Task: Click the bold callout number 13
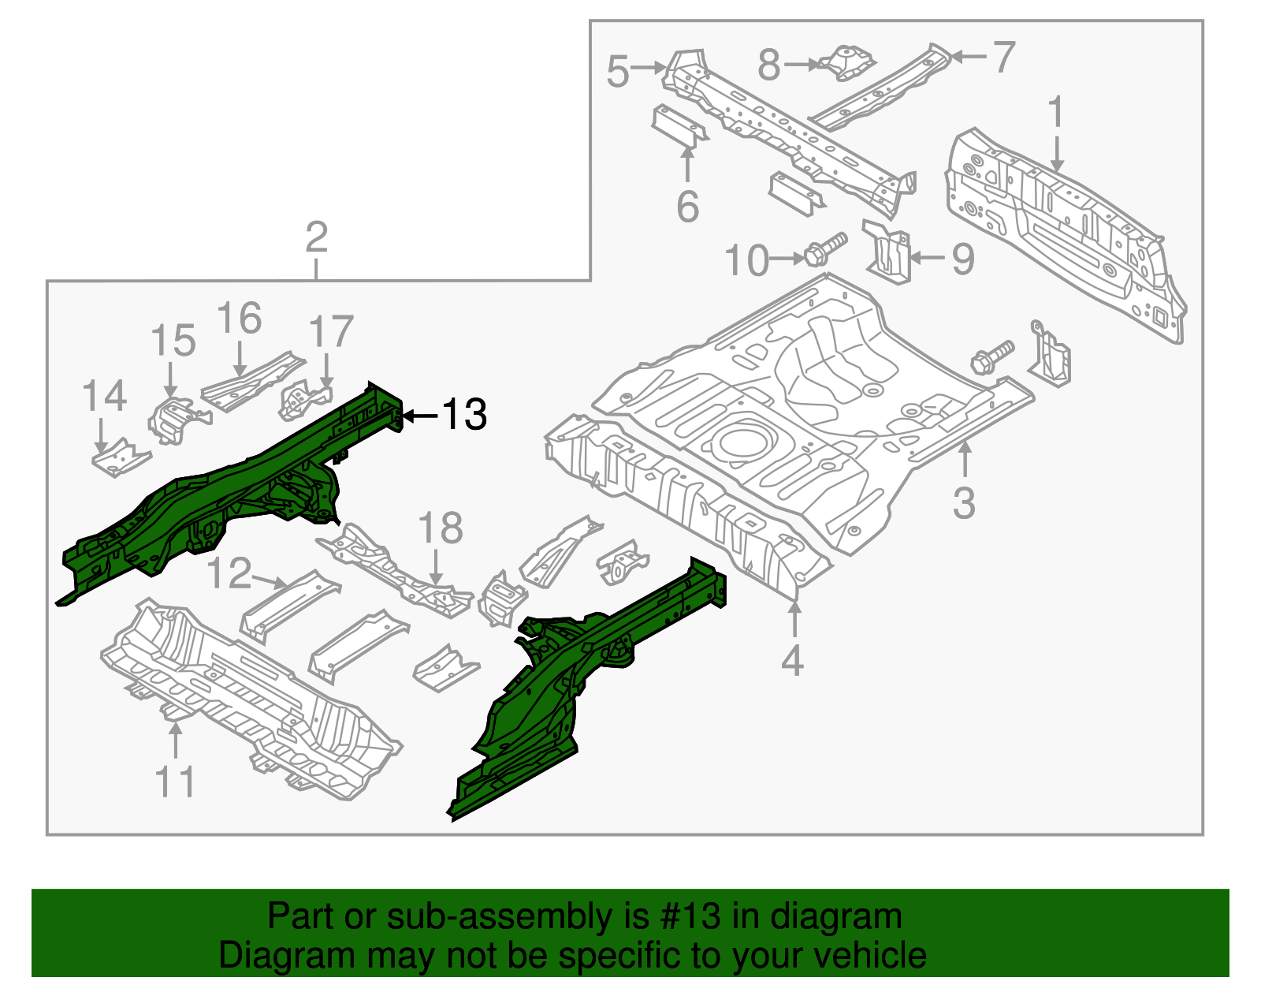[464, 415]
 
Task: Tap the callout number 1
[1055, 112]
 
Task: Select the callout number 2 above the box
[315, 237]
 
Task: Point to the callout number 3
[964, 503]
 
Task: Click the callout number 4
[792, 661]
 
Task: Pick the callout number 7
[1002, 58]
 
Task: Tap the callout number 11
[174, 782]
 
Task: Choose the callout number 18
[440, 529]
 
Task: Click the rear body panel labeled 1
[1064, 237]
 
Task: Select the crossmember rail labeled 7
[883, 89]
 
